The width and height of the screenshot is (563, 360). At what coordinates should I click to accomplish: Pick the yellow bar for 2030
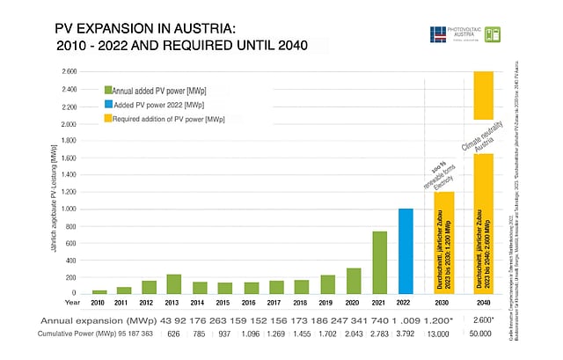click(443, 242)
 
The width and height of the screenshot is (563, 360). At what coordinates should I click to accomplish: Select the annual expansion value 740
click(381, 320)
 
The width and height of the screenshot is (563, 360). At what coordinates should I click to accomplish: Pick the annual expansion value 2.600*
click(484, 320)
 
